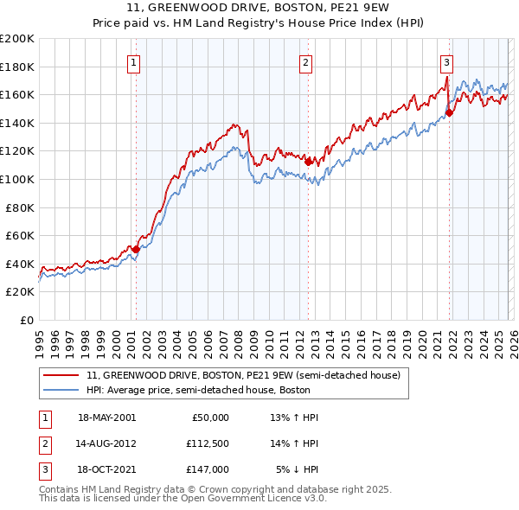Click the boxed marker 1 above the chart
point(135,61)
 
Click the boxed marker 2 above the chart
point(306,61)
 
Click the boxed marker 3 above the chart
point(446,61)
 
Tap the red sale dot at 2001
point(136,249)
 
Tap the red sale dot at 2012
point(308,161)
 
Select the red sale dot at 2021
point(449,112)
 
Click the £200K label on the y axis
point(17,39)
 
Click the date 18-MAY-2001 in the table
point(106,418)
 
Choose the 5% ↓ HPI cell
point(297,469)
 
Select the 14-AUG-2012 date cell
point(106,443)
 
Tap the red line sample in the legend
point(62,376)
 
